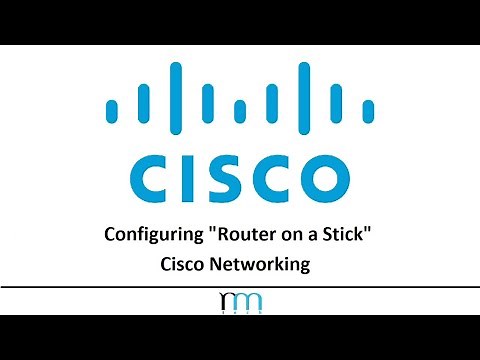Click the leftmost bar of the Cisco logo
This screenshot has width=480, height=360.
[x=111, y=106]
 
